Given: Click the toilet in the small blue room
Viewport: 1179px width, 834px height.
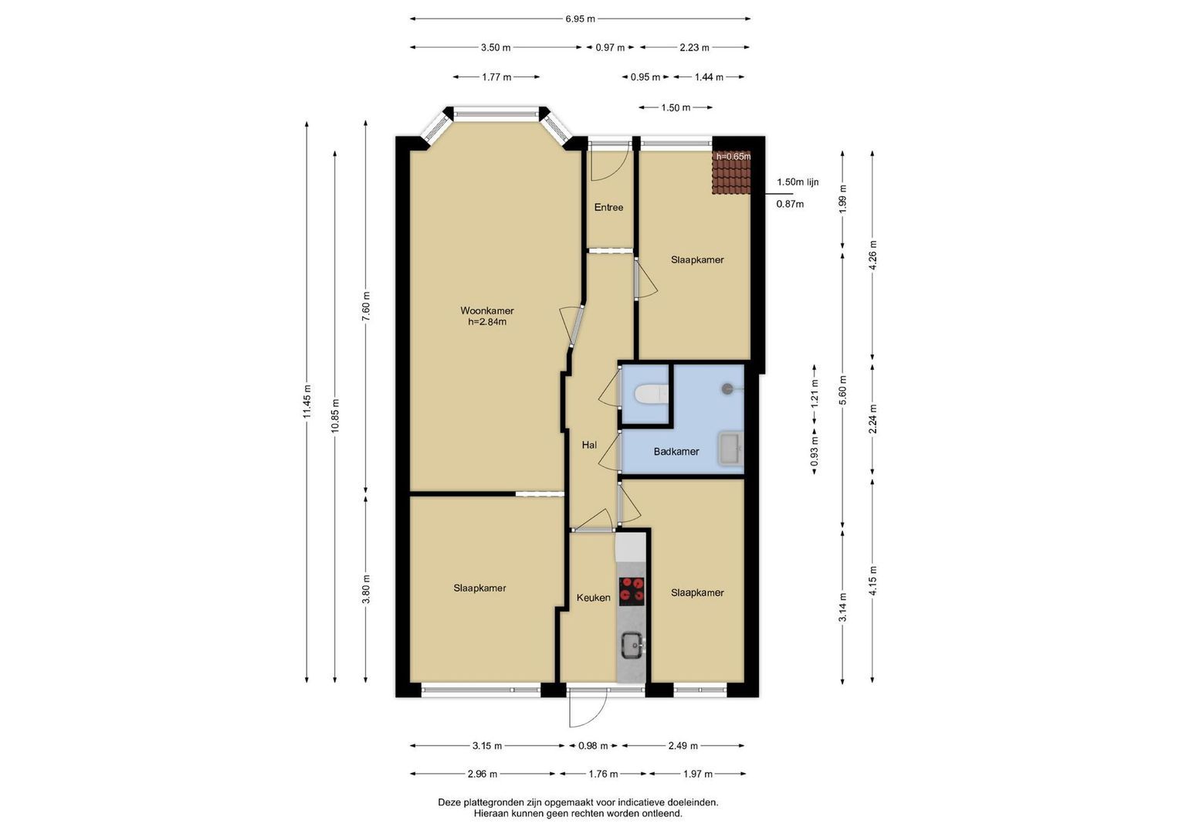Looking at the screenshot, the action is [x=652, y=394].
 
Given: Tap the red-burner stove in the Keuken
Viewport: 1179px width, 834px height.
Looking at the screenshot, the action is [x=632, y=591].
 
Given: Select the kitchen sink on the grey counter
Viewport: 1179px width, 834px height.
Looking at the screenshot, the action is [x=633, y=646].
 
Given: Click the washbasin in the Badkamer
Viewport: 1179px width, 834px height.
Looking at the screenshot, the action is [x=731, y=449].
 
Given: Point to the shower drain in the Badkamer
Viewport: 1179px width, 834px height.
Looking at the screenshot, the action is [x=727, y=388].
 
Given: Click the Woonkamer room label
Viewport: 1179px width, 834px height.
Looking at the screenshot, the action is [x=487, y=310].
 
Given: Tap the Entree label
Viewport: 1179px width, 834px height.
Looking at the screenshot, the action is [x=608, y=208].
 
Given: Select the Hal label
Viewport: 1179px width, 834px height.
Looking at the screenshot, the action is [x=589, y=445].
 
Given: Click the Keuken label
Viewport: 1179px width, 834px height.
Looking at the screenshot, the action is [x=593, y=598].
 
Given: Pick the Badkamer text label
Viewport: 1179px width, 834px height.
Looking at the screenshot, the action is [x=676, y=452].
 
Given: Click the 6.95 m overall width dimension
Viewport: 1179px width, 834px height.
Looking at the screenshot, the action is [x=580, y=19].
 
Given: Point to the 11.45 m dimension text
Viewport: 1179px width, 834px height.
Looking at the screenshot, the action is [x=307, y=402].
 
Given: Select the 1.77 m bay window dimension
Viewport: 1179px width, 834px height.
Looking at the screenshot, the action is [x=496, y=77].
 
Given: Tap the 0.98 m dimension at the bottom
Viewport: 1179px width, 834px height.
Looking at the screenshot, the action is [x=593, y=746].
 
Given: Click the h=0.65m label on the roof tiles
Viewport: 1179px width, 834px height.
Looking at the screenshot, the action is [x=733, y=156].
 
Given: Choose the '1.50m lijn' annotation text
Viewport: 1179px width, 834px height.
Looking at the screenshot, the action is [x=798, y=182].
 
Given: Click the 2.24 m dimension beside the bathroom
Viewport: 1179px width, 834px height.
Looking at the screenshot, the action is [x=872, y=419].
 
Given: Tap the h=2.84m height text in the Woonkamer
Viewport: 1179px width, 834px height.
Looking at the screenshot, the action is [x=487, y=322].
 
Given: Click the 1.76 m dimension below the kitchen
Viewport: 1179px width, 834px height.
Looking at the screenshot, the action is [x=603, y=774].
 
